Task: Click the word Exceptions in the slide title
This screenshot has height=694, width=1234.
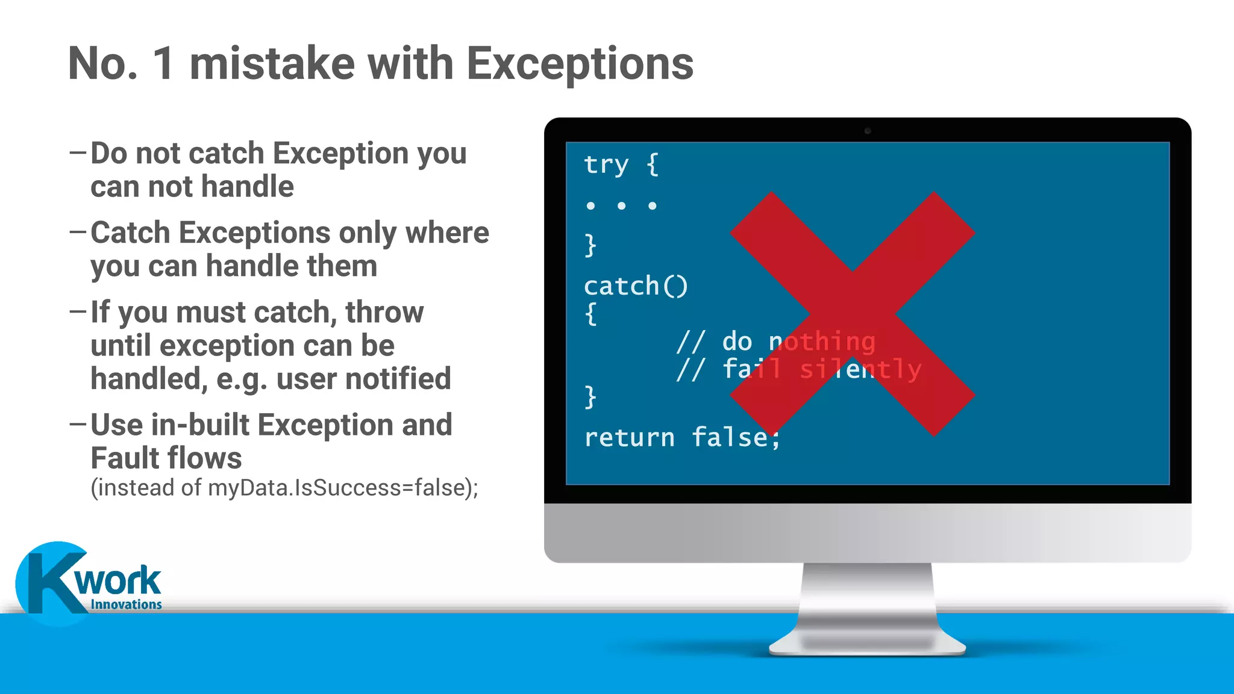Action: pos(580,64)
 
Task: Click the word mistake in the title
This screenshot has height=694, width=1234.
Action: pos(272,64)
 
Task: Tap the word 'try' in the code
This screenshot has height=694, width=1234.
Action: pos(606,164)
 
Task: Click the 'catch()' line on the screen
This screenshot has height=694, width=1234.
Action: pos(636,286)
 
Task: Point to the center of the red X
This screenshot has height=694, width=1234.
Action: pos(853,314)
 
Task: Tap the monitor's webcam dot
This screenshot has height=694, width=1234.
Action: pos(868,131)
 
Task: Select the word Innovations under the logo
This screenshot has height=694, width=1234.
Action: pos(126,604)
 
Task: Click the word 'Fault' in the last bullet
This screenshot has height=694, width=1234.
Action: pos(126,458)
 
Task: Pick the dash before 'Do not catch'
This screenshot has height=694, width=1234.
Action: pos(78,152)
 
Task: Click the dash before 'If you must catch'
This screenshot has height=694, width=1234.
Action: pos(78,311)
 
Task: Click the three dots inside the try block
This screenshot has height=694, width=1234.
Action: pos(621,206)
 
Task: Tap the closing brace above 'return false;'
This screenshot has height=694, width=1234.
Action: pos(590,397)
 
